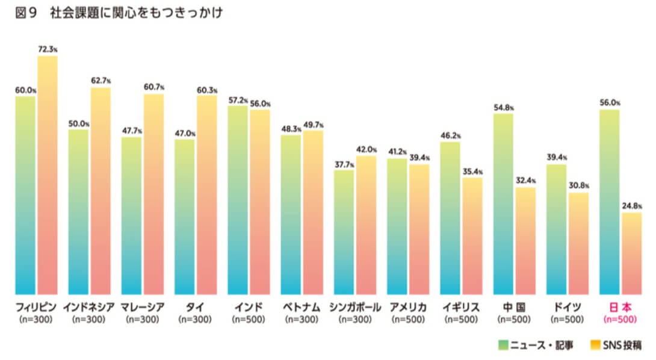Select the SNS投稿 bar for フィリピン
click(x=48, y=175)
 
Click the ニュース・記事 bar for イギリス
click(x=450, y=217)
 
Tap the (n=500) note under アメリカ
click(x=408, y=319)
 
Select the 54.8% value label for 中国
click(x=504, y=107)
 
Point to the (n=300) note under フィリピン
click(x=36, y=319)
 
